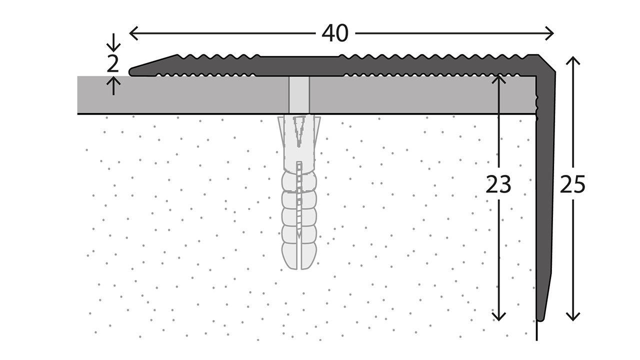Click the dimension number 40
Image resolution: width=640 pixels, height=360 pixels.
(x=335, y=33)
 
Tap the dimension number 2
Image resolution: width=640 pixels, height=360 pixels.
(x=113, y=64)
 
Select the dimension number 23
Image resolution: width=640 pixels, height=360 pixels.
(x=498, y=185)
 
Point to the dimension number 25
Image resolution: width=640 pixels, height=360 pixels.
(x=572, y=185)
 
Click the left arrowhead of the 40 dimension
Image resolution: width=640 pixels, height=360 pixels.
(x=131, y=33)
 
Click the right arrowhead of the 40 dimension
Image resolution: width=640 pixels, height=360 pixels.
(x=551, y=33)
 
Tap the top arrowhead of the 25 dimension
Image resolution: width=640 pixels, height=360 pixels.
(x=573, y=59)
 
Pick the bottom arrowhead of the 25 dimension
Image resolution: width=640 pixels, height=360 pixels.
(x=573, y=317)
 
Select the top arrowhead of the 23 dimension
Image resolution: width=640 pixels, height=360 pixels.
(x=498, y=78)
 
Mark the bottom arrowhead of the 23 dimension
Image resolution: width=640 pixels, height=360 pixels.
(x=498, y=317)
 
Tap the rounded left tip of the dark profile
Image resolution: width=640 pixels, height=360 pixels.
(x=131, y=71)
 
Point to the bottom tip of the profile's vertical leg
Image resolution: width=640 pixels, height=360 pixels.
(x=540, y=318)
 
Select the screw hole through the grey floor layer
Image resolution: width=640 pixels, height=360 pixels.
(x=299, y=95)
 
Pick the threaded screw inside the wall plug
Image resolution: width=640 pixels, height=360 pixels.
(x=299, y=200)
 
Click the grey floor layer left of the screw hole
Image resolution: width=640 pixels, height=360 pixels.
(x=180, y=95)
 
